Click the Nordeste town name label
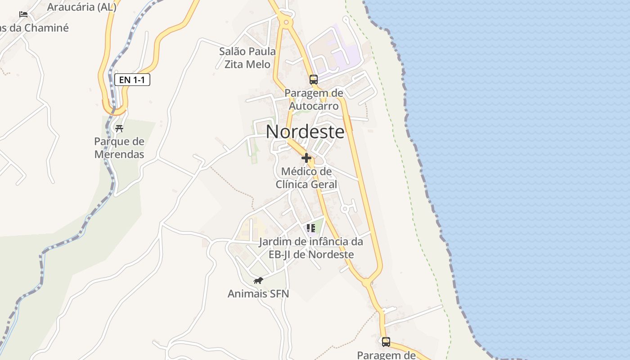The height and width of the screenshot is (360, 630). pyautogui.click(x=305, y=132)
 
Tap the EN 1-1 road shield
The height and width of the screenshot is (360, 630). pyautogui.click(x=132, y=80)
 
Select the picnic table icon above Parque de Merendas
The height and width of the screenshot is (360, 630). pyautogui.click(x=119, y=129)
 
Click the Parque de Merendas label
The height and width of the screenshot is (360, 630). pyautogui.click(x=119, y=148)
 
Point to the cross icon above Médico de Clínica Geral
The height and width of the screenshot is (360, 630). pyautogui.click(x=306, y=158)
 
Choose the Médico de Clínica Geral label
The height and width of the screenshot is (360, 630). pyautogui.click(x=306, y=178)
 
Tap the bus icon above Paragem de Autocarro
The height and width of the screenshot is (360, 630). pyautogui.click(x=314, y=80)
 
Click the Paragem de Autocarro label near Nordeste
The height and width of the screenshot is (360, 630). pyautogui.click(x=314, y=99)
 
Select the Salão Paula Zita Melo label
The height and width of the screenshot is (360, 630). pyautogui.click(x=247, y=58)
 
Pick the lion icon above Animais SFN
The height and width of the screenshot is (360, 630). pyautogui.click(x=258, y=281)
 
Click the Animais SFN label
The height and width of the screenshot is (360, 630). pyautogui.click(x=258, y=294)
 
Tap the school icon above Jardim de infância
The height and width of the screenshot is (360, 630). pyautogui.click(x=310, y=228)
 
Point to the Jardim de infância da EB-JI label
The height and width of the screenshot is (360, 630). pyautogui.click(x=311, y=248)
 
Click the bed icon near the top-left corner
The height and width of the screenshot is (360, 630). pyautogui.click(x=23, y=14)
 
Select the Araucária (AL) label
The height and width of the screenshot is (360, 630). pyautogui.click(x=81, y=7)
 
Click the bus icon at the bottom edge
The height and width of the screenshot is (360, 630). pyautogui.click(x=386, y=342)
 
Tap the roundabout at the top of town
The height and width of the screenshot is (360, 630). pyautogui.click(x=285, y=22)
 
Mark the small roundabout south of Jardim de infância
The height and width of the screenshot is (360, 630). pyautogui.click(x=367, y=283)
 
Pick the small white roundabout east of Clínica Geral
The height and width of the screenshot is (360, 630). pyautogui.click(x=345, y=209)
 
